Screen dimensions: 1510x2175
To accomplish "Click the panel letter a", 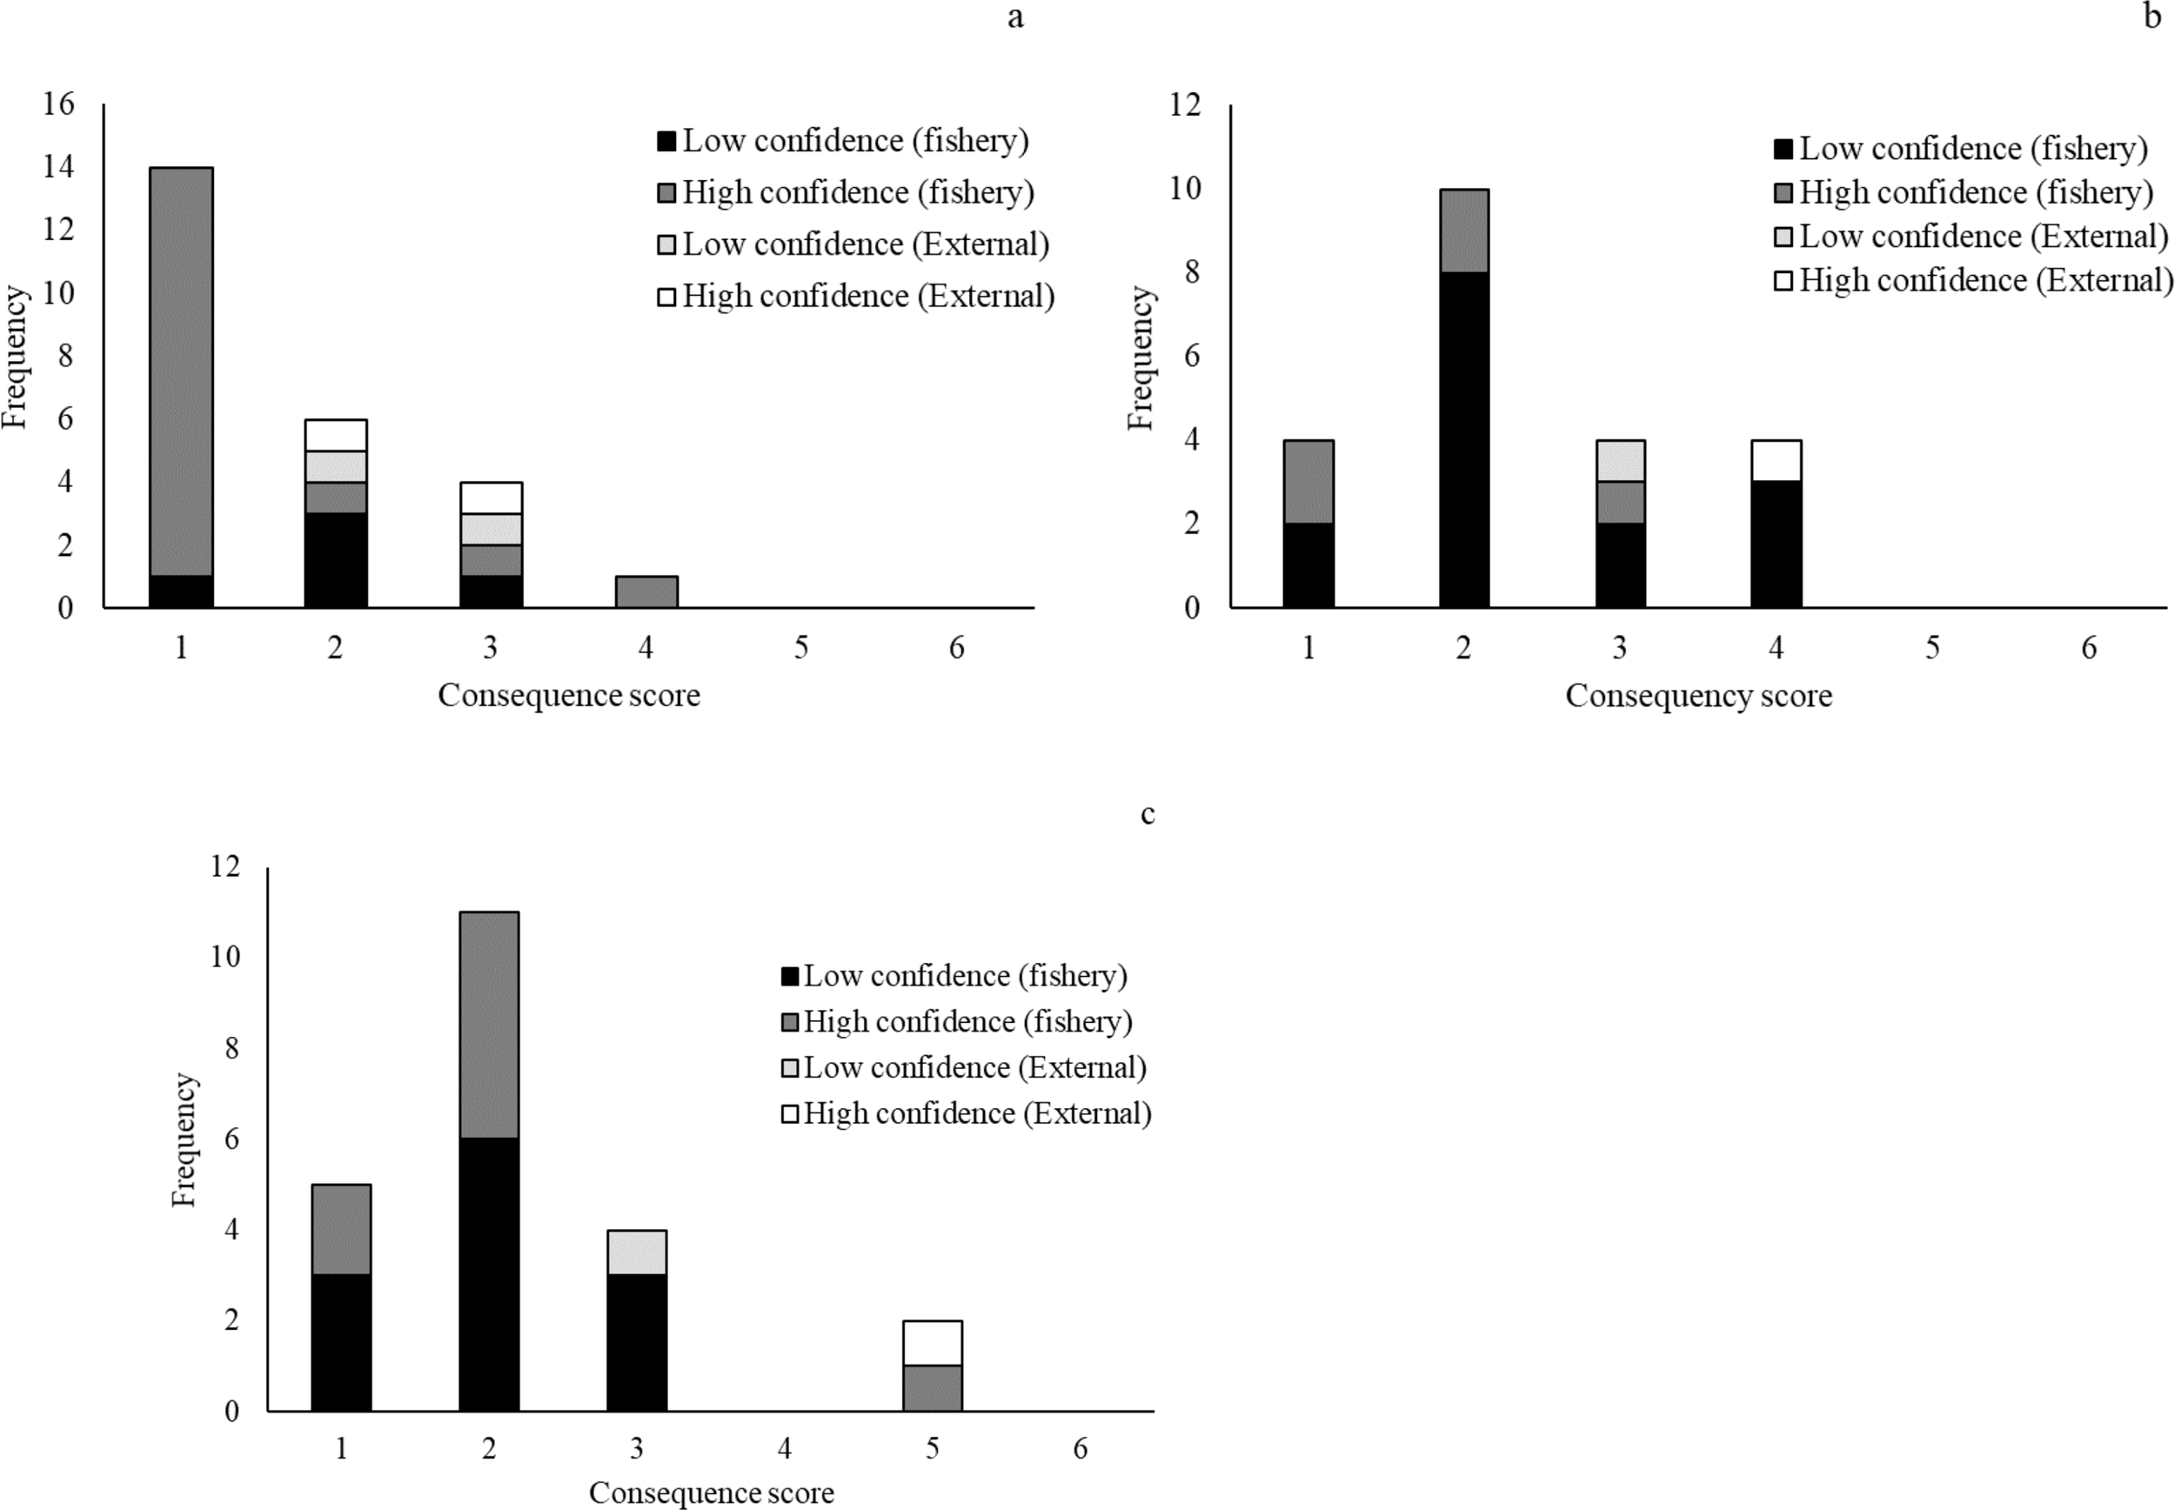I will point(1015,18).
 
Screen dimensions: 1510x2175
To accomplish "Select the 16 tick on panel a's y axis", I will point(58,104).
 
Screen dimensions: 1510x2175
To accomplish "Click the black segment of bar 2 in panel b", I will point(1463,439).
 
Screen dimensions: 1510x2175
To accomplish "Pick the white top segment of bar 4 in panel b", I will point(1776,461).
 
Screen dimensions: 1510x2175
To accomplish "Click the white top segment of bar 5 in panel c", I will point(932,1342).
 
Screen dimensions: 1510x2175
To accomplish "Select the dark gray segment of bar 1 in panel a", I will point(181,371).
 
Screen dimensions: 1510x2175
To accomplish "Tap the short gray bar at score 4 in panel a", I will point(646,591).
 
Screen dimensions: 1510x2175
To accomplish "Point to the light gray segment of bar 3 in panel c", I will point(637,1252).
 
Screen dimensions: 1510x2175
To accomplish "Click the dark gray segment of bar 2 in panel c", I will point(488,1025).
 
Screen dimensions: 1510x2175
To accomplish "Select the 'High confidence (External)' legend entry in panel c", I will point(966,1113).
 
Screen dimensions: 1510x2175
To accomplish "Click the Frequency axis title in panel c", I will point(184,1139).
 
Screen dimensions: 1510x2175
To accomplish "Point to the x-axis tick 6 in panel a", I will point(956,648).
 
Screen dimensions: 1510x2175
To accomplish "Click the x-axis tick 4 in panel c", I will point(784,1448).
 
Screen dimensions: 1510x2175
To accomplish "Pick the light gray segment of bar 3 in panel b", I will point(1620,461).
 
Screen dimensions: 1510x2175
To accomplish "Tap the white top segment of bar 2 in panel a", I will point(335,435).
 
